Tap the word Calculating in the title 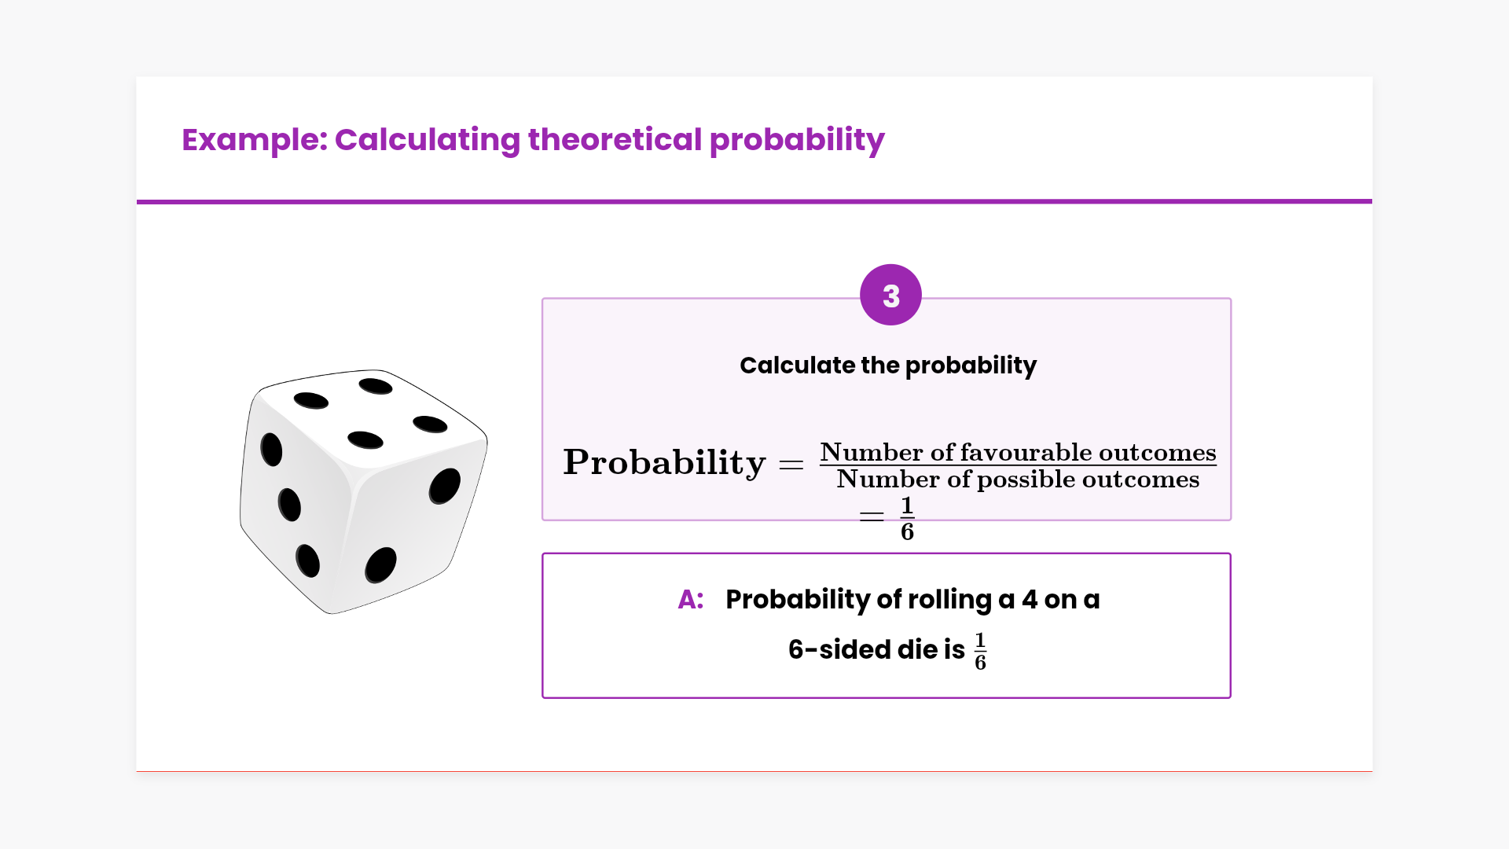coord(428,140)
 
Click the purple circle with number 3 coord(890,295)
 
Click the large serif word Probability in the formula coord(664,463)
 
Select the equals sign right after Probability coord(791,465)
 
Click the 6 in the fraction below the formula coord(907,532)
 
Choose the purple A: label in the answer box coord(691,600)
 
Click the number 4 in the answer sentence coord(1030,600)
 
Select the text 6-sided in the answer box coord(839,650)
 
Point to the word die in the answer coord(917,650)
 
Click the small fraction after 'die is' coord(980,652)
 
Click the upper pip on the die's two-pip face coord(445,486)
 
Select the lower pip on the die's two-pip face coord(380,565)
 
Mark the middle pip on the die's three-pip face coord(289,505)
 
